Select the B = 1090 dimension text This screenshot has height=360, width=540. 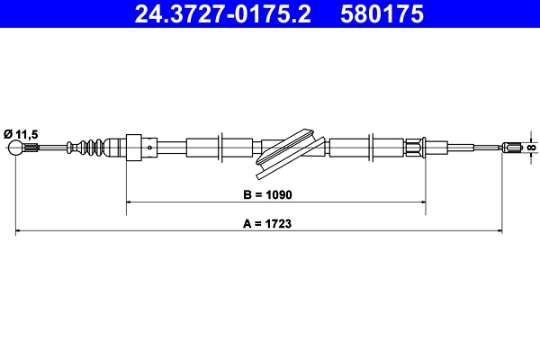click(x=268, y=193)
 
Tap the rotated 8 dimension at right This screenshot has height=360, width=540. click(x=531, y=147)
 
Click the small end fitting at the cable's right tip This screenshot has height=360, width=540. click(x=515, y=147)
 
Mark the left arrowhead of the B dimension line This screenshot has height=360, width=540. click(x=129, y=203)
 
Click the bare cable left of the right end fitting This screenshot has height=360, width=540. click(x=477, y=148)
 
